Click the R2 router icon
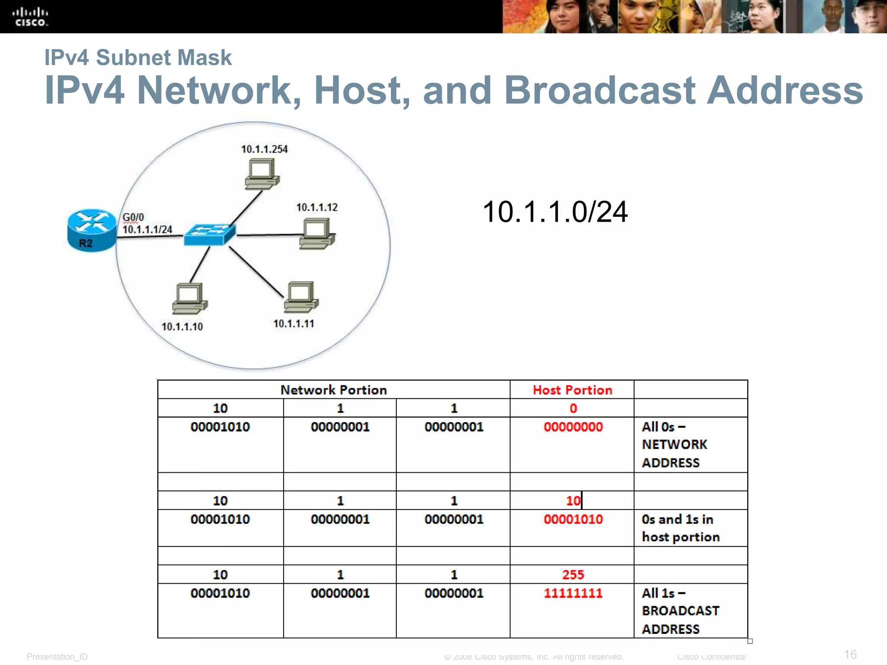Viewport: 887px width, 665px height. [x=92, y=230]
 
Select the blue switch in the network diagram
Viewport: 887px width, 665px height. [x=210, y=235]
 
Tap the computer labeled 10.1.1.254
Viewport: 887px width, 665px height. [x=262, y=174]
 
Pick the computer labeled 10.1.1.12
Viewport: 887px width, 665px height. [x=317, y=234]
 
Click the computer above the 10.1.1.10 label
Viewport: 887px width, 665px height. [x=190, y=298]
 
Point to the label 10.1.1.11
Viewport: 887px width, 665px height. [x=294, y=324]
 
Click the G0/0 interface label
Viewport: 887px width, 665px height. [x=133, y=217]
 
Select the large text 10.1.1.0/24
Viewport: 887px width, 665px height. [x=555, y=212]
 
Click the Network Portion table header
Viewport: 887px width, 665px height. [x=333, y=390]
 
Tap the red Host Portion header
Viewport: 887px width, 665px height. [x=572, y=390]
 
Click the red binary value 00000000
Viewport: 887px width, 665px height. [x=573, y=427]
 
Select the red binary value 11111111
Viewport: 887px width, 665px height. [x=573, y=593]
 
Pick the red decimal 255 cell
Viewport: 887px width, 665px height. [x=573, y=575]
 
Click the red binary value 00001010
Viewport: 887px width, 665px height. [x=573, y=519]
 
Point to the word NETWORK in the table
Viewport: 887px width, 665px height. [x=674, y=445]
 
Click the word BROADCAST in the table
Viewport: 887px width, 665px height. [x=680, y=611]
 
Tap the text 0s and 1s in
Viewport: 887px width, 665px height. [x=677, y=519]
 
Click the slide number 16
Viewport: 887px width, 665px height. [x=850, y=654]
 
